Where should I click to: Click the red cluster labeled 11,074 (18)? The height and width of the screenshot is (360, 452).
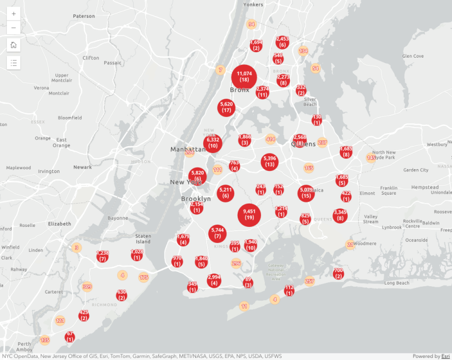[x=244, y=77]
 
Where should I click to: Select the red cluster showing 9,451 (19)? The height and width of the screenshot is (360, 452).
[x=249, y=215]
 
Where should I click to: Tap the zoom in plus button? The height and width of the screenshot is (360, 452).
[x=14, y=13]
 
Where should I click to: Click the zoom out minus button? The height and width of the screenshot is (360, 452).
[x=14, y=27]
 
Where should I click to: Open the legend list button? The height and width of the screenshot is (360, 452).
[x=14, y=62]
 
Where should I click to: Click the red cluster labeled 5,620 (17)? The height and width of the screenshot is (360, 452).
[x=226, y=107]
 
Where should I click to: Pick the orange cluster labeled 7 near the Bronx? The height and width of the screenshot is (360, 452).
[x=220, y=70]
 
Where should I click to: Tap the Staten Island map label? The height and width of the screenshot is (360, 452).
[x=143, y=239]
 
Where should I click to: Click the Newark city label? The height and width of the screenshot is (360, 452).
[x=83, y=167]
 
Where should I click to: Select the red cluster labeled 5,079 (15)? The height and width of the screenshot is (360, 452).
[x=306, y=193]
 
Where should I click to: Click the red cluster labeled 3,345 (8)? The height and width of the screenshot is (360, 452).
[x=340, y=215]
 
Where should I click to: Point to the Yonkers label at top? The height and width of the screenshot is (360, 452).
[x=253, y=4]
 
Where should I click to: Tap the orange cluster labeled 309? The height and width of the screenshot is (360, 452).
[x=87, y=287]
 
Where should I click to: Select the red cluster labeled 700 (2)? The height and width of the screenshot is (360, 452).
[x=338, y=273]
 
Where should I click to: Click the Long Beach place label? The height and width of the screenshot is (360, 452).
[x=396, y=283]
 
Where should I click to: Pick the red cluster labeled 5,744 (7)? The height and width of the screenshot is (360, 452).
[x=217, y=233]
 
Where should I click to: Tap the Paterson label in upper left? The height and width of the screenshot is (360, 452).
[x=84, y=16]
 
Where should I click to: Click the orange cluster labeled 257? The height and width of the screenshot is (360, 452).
[x=310, y=282]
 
